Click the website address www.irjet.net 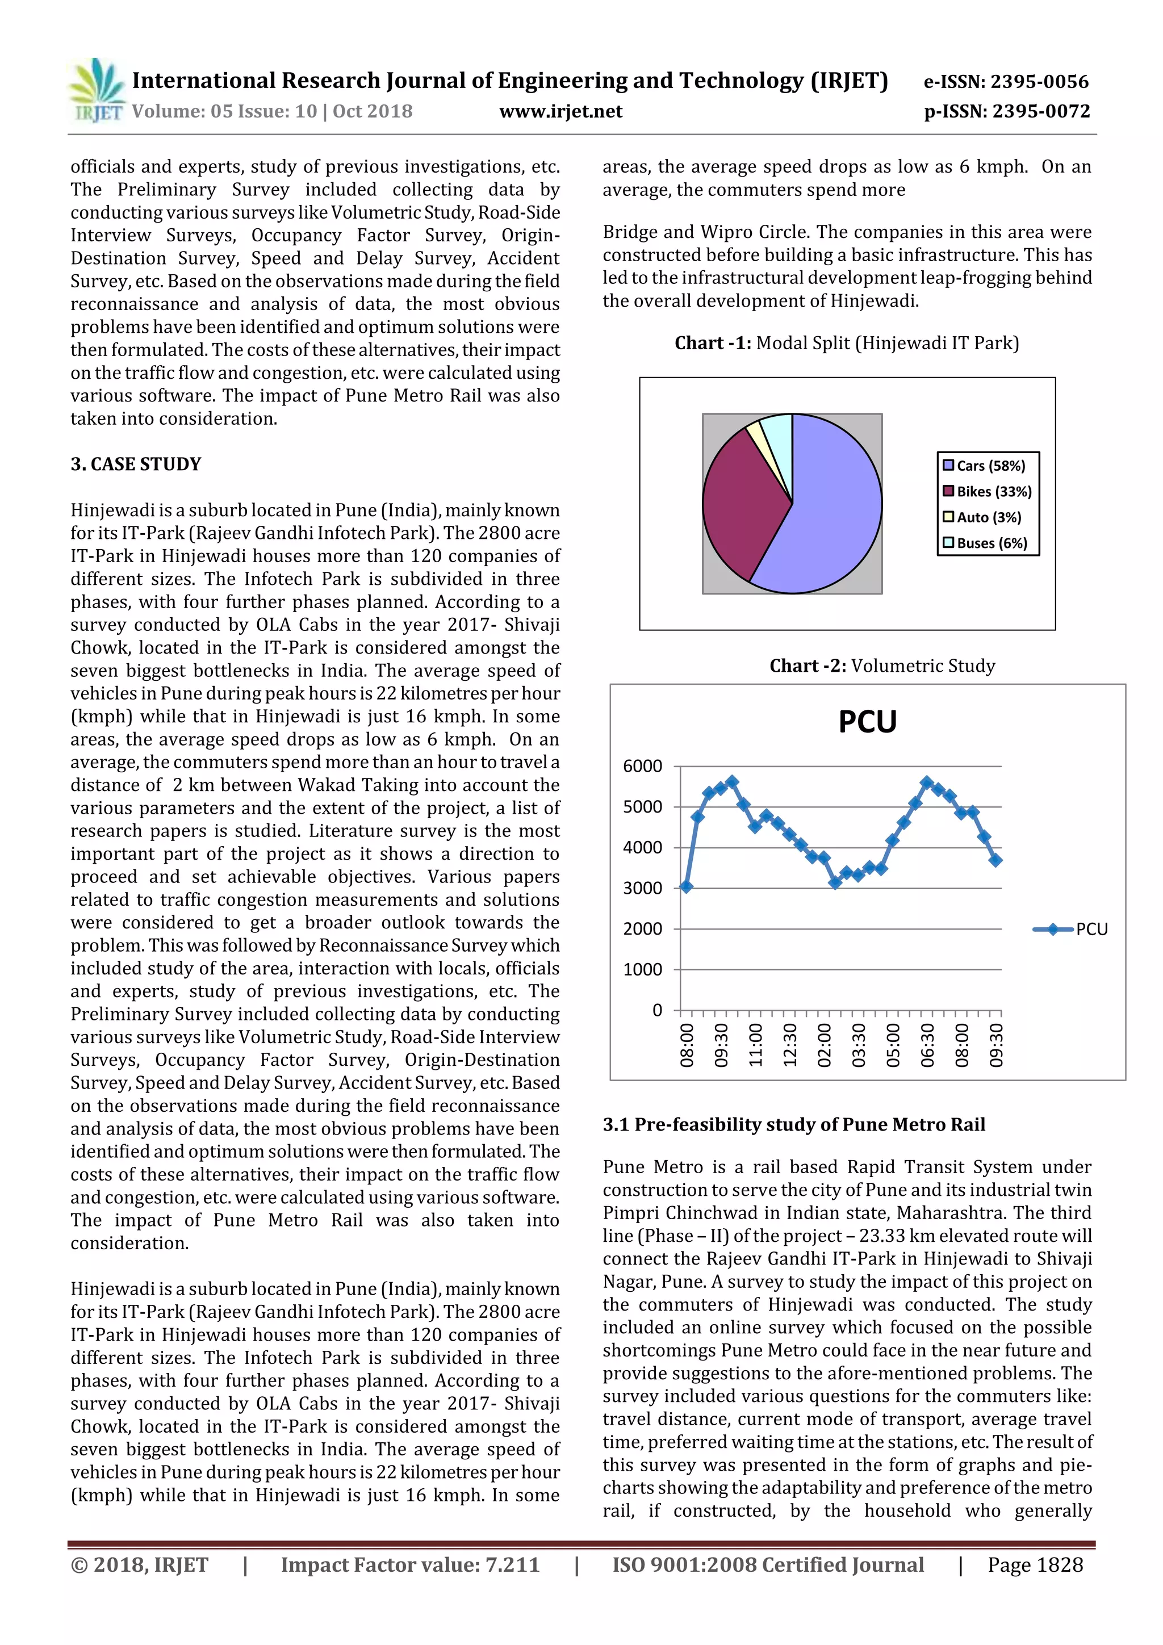[560, 112]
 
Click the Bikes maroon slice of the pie [738, 501]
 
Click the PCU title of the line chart [867, 722]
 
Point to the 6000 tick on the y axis [642, 766]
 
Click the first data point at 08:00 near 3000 [686, 887]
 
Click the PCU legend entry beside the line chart [1071, 930]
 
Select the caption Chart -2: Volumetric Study [882, 666]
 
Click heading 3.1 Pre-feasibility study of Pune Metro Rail [793, 1124]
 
